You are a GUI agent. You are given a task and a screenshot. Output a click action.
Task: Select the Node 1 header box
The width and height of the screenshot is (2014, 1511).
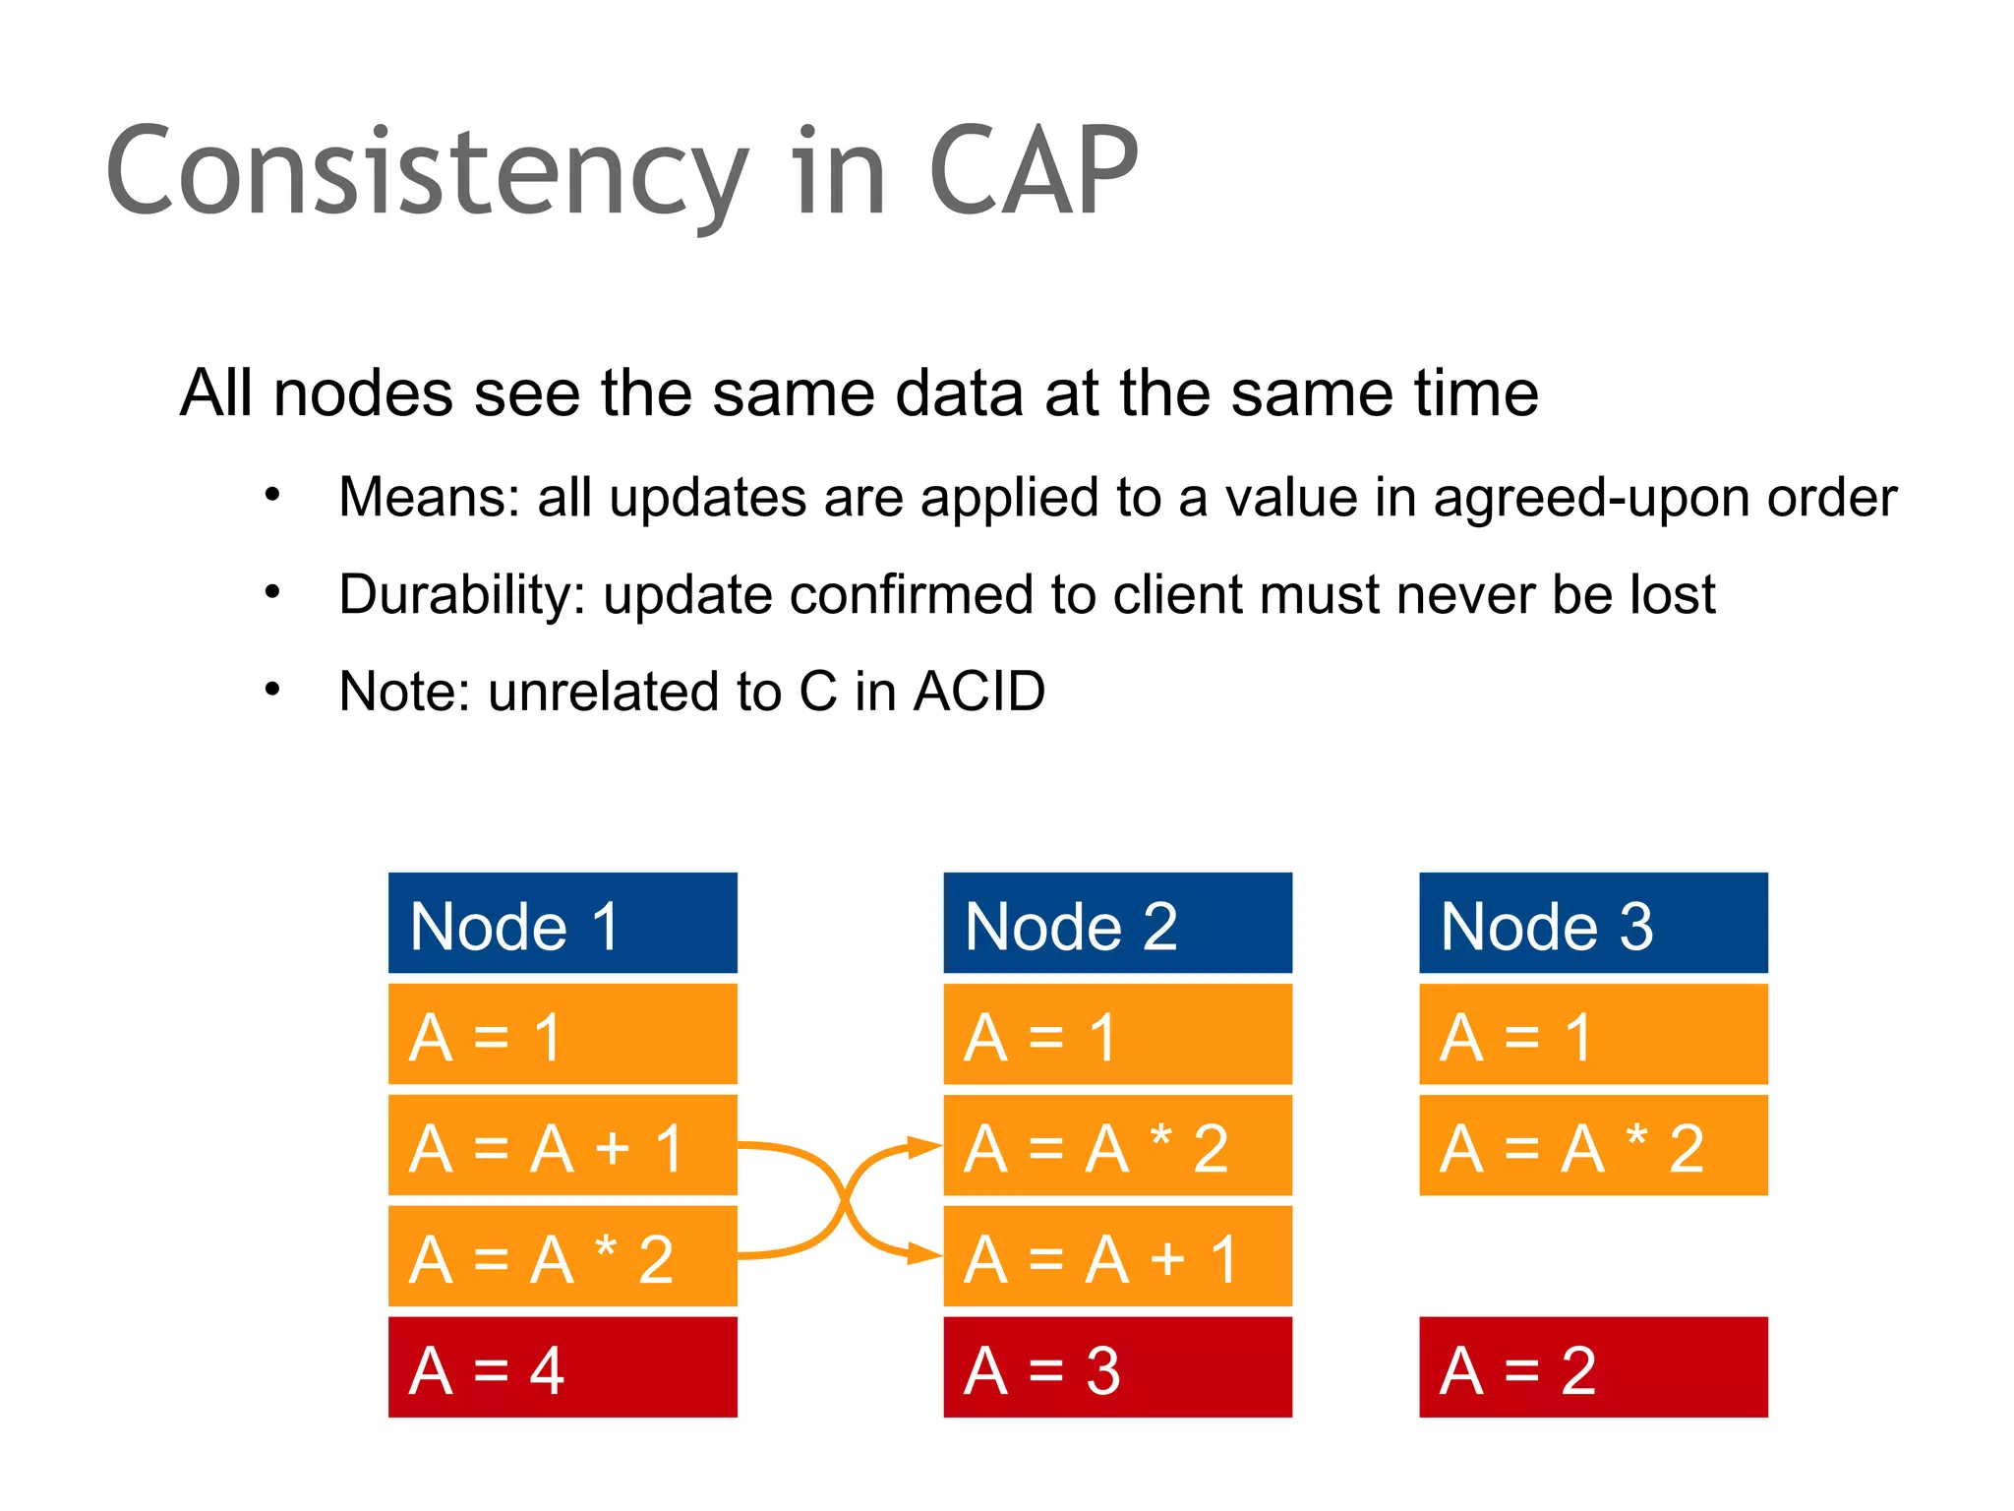click(563, 923)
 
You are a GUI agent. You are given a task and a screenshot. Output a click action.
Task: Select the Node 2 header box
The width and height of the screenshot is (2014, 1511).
click(1117, 923)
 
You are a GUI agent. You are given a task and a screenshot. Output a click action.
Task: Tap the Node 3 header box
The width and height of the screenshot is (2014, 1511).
click(1593, 923)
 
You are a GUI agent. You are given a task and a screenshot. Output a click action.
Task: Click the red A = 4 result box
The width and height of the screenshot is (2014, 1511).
click(563, 1367)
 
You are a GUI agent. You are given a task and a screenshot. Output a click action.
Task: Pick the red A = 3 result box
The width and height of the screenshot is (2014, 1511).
click(1117, 1367)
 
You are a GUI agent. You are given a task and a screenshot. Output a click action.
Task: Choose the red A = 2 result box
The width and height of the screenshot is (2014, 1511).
click(1593, 1367)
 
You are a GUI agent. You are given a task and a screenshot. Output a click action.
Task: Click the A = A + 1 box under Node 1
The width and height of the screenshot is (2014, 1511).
click(563, 1146)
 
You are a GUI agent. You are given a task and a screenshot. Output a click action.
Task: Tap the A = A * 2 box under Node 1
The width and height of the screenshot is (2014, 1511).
click(563, 1257)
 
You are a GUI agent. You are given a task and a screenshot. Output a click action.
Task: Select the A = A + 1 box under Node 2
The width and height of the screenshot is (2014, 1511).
click(1117, 1257)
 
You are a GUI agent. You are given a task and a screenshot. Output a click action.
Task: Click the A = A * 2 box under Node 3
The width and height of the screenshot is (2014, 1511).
click(1593, 1146)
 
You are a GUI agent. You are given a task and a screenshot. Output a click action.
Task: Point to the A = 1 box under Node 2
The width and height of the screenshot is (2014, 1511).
click(1117, 1035)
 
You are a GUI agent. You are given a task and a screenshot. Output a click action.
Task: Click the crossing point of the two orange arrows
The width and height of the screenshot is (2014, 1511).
click(843, 1200)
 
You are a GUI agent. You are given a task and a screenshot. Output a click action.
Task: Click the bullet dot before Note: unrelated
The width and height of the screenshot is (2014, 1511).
click(272, 689)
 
